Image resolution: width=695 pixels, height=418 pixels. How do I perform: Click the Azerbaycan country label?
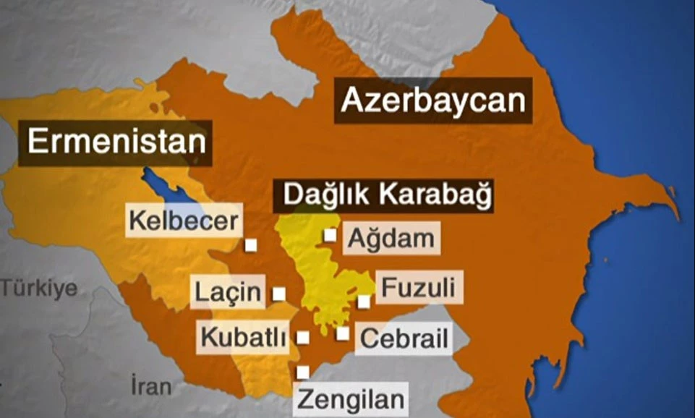(x=432, y=101)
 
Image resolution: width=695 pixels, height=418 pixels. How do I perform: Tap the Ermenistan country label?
(x=116, y=142)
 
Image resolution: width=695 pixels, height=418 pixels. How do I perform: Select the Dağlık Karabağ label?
(x=383, y=195)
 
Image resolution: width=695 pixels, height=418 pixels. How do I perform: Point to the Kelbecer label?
(x=183, y=221)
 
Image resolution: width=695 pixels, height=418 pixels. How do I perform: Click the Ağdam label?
(x=391, y=239)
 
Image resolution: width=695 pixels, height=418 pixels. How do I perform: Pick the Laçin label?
(x=228, y=292)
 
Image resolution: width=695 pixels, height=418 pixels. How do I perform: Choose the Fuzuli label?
(x=418, y=288)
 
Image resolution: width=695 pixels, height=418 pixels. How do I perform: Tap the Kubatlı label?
(x=244, y=337)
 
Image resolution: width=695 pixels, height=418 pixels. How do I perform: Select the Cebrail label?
(x=404, y=338)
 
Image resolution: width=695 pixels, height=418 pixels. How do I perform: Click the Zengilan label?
(x=351, y=398)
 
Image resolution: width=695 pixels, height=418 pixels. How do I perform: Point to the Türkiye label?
(x=38, y=289)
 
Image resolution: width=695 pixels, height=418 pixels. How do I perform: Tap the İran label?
(x=152, y=385)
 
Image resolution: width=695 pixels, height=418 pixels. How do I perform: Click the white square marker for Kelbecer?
(x=251, y=245)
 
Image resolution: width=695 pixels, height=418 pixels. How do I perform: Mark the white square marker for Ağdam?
(x=330, y=235)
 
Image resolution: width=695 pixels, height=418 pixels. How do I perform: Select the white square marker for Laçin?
(x=278, y=294)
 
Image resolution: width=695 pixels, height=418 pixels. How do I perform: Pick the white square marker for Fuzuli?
(x=364, y=302)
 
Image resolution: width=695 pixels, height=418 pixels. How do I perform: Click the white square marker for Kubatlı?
(x=303, y=337)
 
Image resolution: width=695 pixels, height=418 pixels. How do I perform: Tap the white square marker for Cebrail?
(x=343, y=333)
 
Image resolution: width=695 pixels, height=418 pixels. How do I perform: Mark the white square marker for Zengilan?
(x=303, y=372)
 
